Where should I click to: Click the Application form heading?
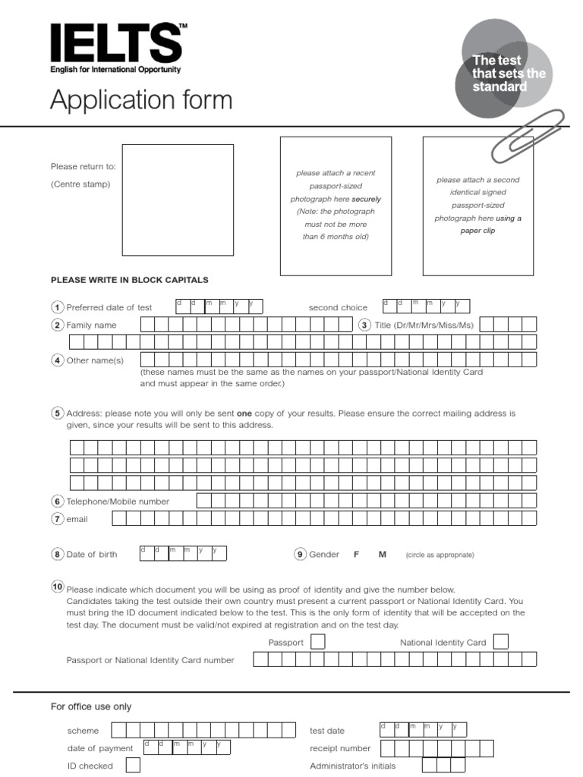point(141,100)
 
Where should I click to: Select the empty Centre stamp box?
point(178,200)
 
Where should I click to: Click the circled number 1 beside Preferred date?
point(57,307)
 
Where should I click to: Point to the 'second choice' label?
point(338,307)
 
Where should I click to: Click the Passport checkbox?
point(318,642)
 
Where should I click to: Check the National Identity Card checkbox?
point(500,642)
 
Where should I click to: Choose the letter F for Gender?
point(356,555)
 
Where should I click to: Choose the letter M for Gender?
point(383,555)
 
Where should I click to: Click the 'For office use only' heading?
point(91,706)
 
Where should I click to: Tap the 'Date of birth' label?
point(92,555)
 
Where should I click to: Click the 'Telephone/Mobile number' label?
point(118,502)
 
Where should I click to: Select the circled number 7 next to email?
point(57,519)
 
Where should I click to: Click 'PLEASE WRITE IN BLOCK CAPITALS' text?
point(129,280)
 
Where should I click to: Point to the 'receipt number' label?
point(340,748)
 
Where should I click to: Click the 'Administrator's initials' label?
point(352,766)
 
